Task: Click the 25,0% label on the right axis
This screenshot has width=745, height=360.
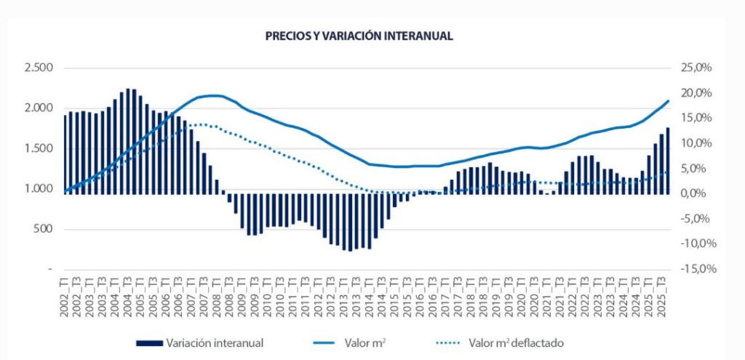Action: (694, 68)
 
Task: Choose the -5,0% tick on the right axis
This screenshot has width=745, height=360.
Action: (695, 219)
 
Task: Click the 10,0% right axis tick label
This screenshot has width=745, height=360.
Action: (694, 143)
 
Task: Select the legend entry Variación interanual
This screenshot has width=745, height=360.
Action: (215, 342)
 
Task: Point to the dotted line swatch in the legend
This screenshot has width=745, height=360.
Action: (451, 342)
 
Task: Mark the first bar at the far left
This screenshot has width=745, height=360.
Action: (65, 154)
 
